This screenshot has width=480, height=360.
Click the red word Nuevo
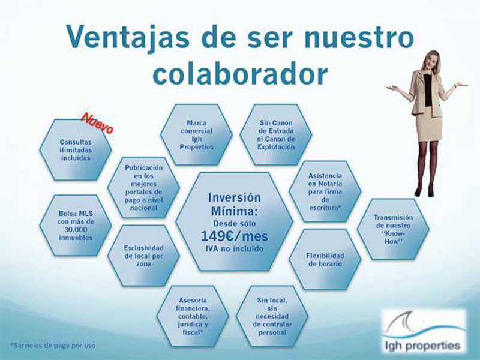97,124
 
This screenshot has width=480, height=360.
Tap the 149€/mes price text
234,236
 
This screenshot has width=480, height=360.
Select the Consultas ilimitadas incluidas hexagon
76,149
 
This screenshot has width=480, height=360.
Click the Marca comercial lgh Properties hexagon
196,134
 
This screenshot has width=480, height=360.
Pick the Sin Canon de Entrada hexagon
276,134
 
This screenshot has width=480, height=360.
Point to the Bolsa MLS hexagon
76,226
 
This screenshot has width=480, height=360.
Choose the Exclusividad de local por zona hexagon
143,256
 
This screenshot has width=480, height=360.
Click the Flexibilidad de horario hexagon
325,259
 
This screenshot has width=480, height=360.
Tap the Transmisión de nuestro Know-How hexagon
393,229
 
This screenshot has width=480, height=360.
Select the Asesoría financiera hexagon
193,316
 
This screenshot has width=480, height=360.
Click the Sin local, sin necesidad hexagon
272,316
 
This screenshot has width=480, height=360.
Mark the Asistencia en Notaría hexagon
325,191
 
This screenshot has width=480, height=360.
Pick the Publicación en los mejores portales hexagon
143,188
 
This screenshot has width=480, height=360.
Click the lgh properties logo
424,331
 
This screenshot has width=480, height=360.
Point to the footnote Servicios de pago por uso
53,346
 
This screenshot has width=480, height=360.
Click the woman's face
430,62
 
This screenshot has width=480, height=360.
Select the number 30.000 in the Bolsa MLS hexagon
76,230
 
